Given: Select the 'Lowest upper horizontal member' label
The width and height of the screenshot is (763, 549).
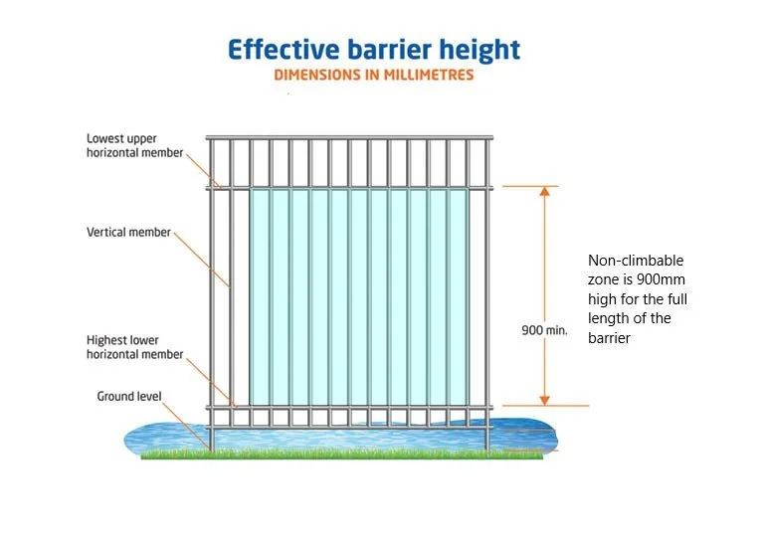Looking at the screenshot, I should pos(135,145).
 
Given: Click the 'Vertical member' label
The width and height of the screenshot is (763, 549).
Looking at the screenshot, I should pos(128,233).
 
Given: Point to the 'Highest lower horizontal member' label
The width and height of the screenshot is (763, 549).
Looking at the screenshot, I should pos(135,347).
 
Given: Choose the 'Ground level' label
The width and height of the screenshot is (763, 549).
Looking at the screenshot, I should pos(129,396).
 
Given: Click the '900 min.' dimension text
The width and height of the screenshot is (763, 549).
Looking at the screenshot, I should pos(544,330).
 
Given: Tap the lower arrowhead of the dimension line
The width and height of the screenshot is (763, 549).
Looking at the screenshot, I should pos(544,399).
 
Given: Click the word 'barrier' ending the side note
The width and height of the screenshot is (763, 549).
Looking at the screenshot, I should pos(609,338).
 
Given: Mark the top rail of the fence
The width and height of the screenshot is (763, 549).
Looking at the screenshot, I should pos(349,137).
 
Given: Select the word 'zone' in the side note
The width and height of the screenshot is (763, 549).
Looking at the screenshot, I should pos(603,279).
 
